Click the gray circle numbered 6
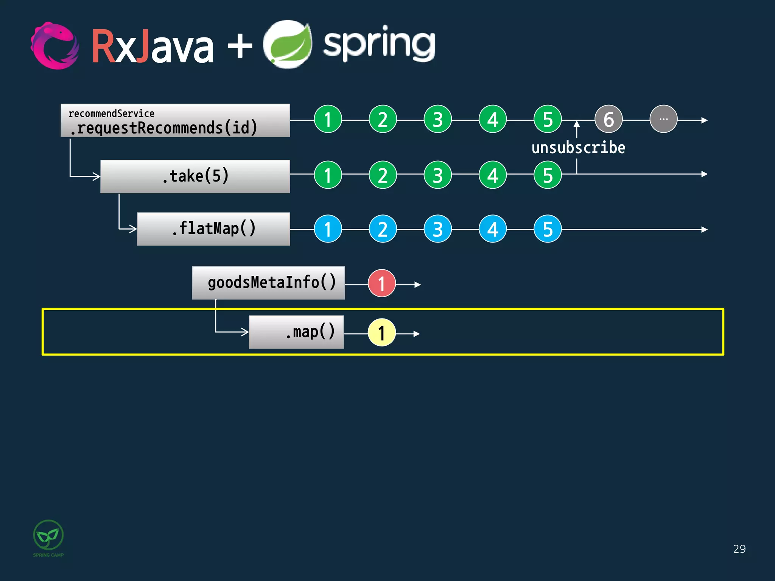(608, 120)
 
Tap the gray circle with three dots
(663, 120)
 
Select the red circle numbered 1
(381, 283)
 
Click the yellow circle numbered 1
(381, 333)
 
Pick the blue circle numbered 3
(437, 229)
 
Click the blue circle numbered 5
(547, 229)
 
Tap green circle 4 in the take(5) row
(492, 175)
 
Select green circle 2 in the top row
(383, 120)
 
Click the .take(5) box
(195, 176)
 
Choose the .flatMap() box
(213, 229)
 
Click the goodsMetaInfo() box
(268, 283)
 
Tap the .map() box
(296, 332)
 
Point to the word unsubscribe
(578, 148)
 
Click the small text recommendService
(111, 113)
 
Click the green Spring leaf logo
(288, 45)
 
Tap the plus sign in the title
(240, 46)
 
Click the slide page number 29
(739, 549)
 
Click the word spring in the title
(378, 45)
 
